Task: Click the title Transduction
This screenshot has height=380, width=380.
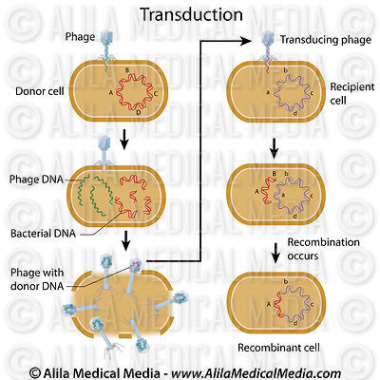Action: pos(190,14)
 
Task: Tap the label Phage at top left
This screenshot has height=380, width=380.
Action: pos(81,37)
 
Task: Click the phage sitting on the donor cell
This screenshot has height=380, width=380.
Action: pos(108,47)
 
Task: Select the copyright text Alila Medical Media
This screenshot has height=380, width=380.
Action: pos(190,369)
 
